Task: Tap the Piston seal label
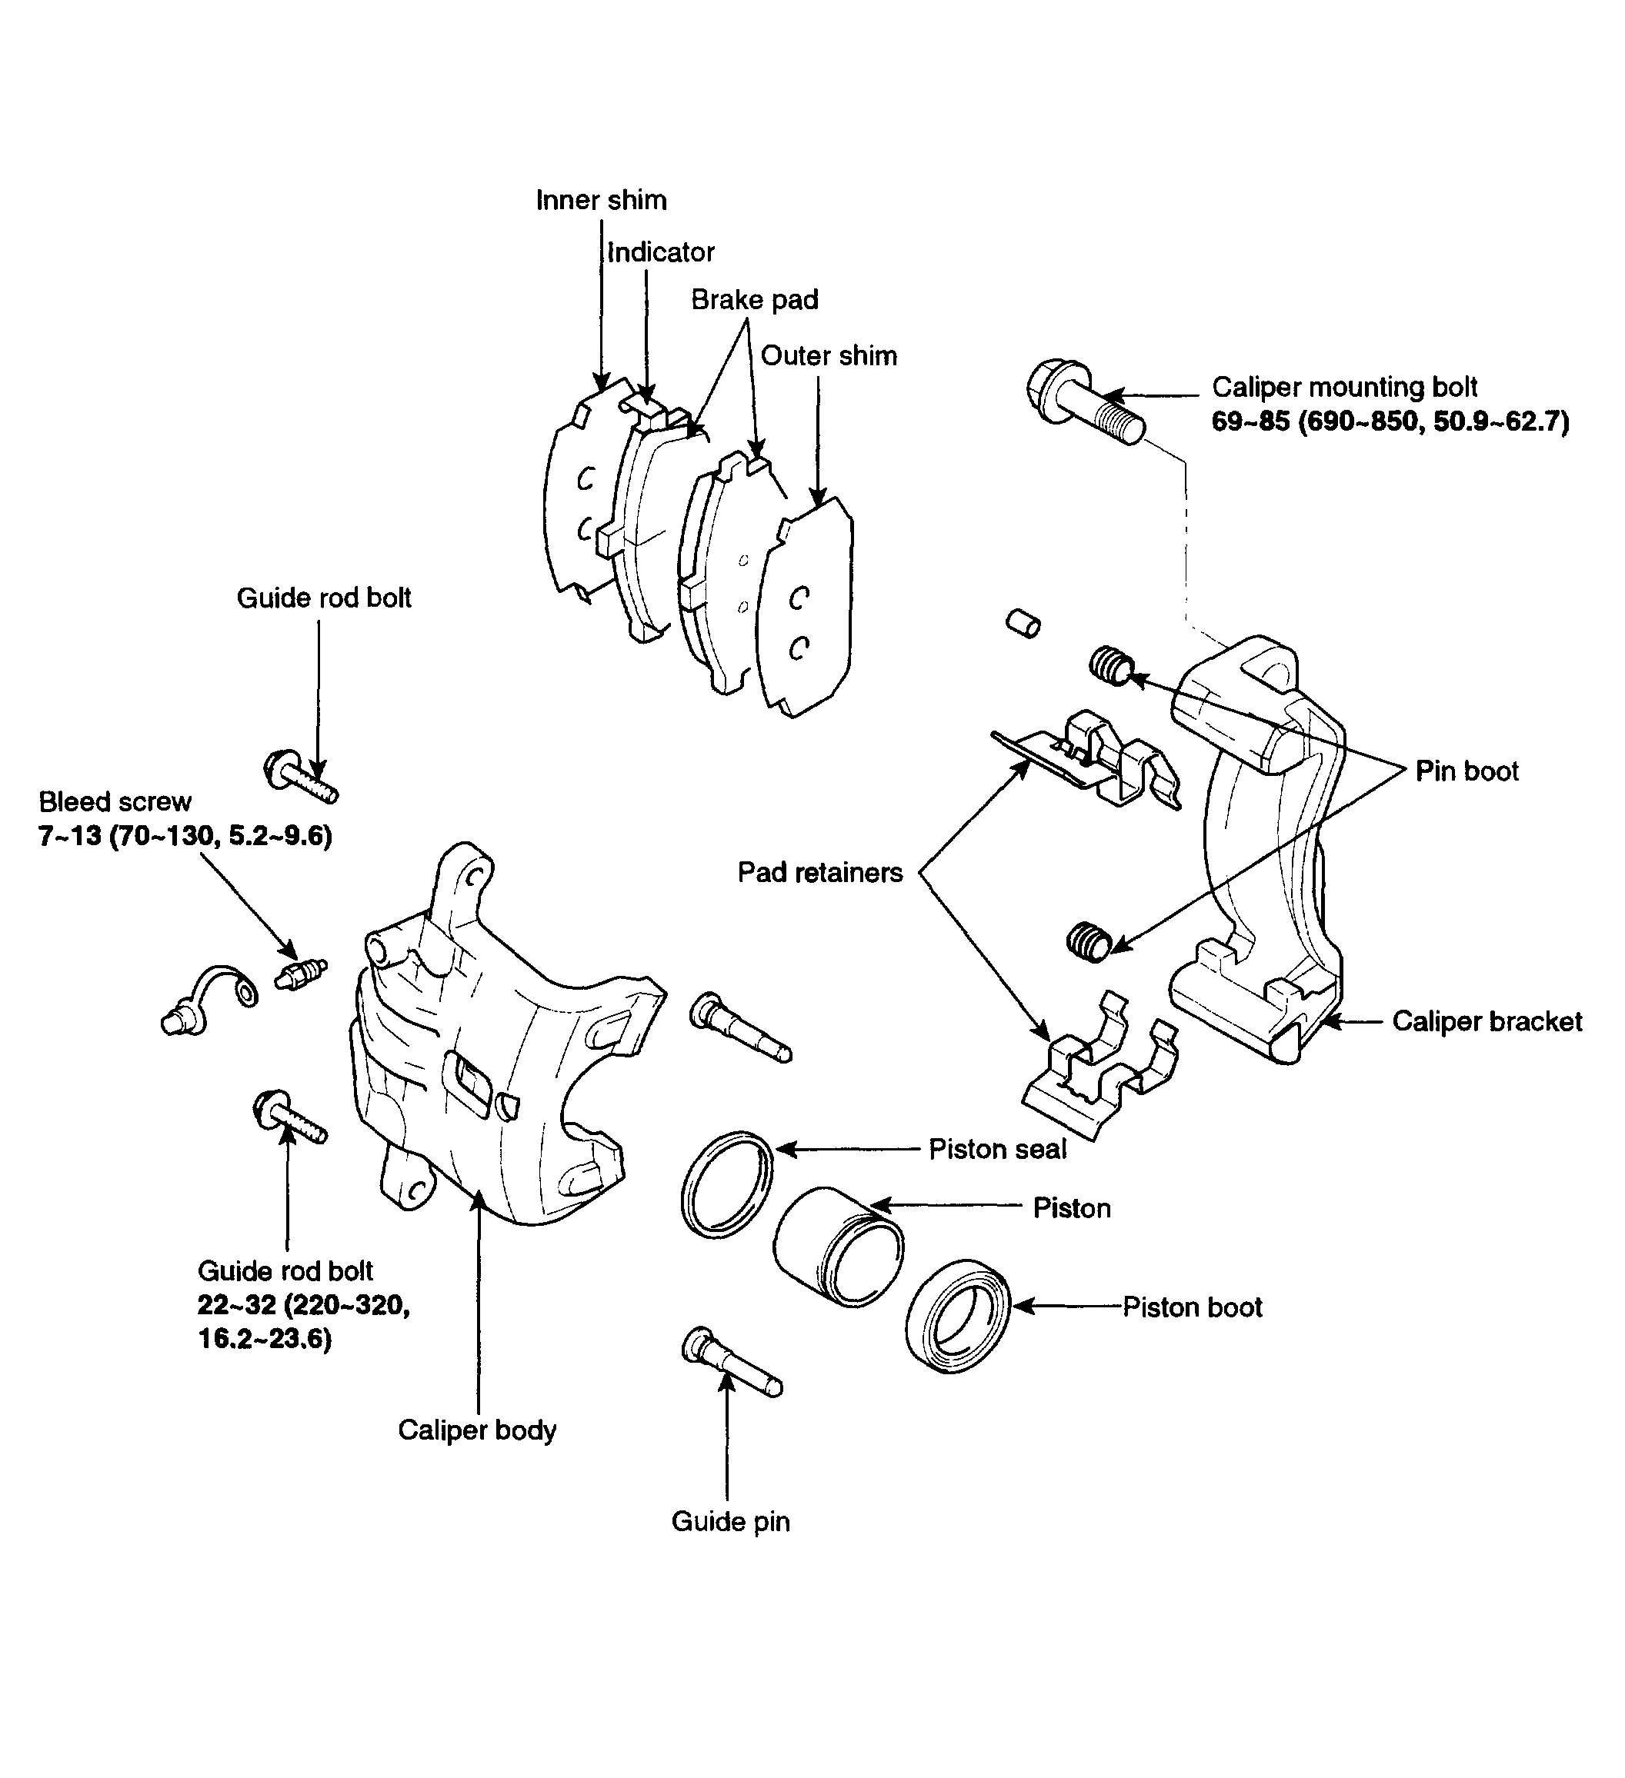click(x=997, y=1149)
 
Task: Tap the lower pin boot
click(x=1089, y=943)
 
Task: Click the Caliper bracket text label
click(x=1486, y=1021)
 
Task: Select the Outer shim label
click(x=829, y=355)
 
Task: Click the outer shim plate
click(x=807, y=608)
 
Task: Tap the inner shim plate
click(x=573, y=503)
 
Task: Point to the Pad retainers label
click(x=819, y=872)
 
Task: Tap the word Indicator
click(x=661, y=252)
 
